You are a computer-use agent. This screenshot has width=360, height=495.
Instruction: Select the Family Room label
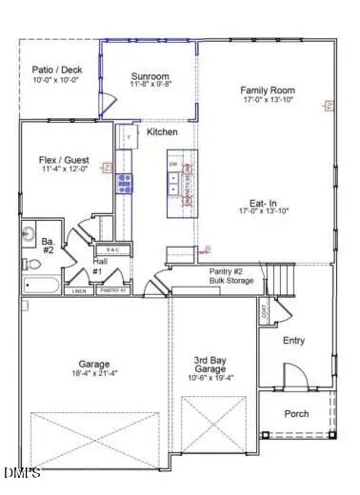(x=266, y=90)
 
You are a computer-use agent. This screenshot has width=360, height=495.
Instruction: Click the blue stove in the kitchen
(x=125, y=183)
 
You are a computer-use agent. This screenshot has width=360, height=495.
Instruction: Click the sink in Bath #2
(x=30, y=233)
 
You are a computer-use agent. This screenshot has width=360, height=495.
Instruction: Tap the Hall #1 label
(x=97, y=267)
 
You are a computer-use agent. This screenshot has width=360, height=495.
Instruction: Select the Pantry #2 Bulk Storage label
(x=230, y=276)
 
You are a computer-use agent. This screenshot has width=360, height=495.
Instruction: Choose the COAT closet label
(x=263, y=309)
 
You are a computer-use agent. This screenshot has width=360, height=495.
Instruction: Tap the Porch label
(x=296, y=413)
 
